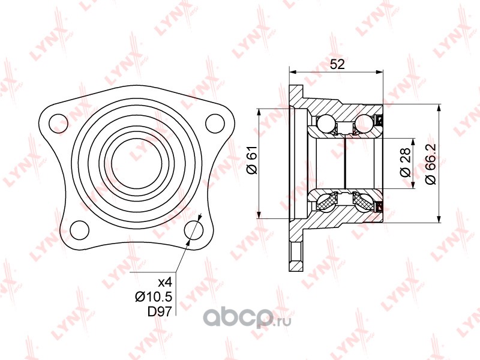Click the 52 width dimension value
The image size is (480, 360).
337,64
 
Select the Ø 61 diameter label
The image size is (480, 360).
253,160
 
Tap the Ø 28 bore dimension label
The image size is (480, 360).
405,162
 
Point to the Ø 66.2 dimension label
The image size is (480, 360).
431,164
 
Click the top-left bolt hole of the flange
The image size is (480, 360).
58,124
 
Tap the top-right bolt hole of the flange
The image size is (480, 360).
215,123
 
